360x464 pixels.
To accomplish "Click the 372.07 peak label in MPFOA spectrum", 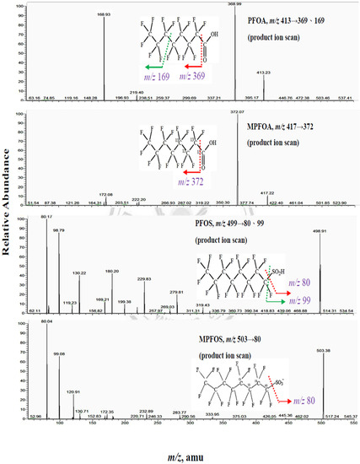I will (244, 112).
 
